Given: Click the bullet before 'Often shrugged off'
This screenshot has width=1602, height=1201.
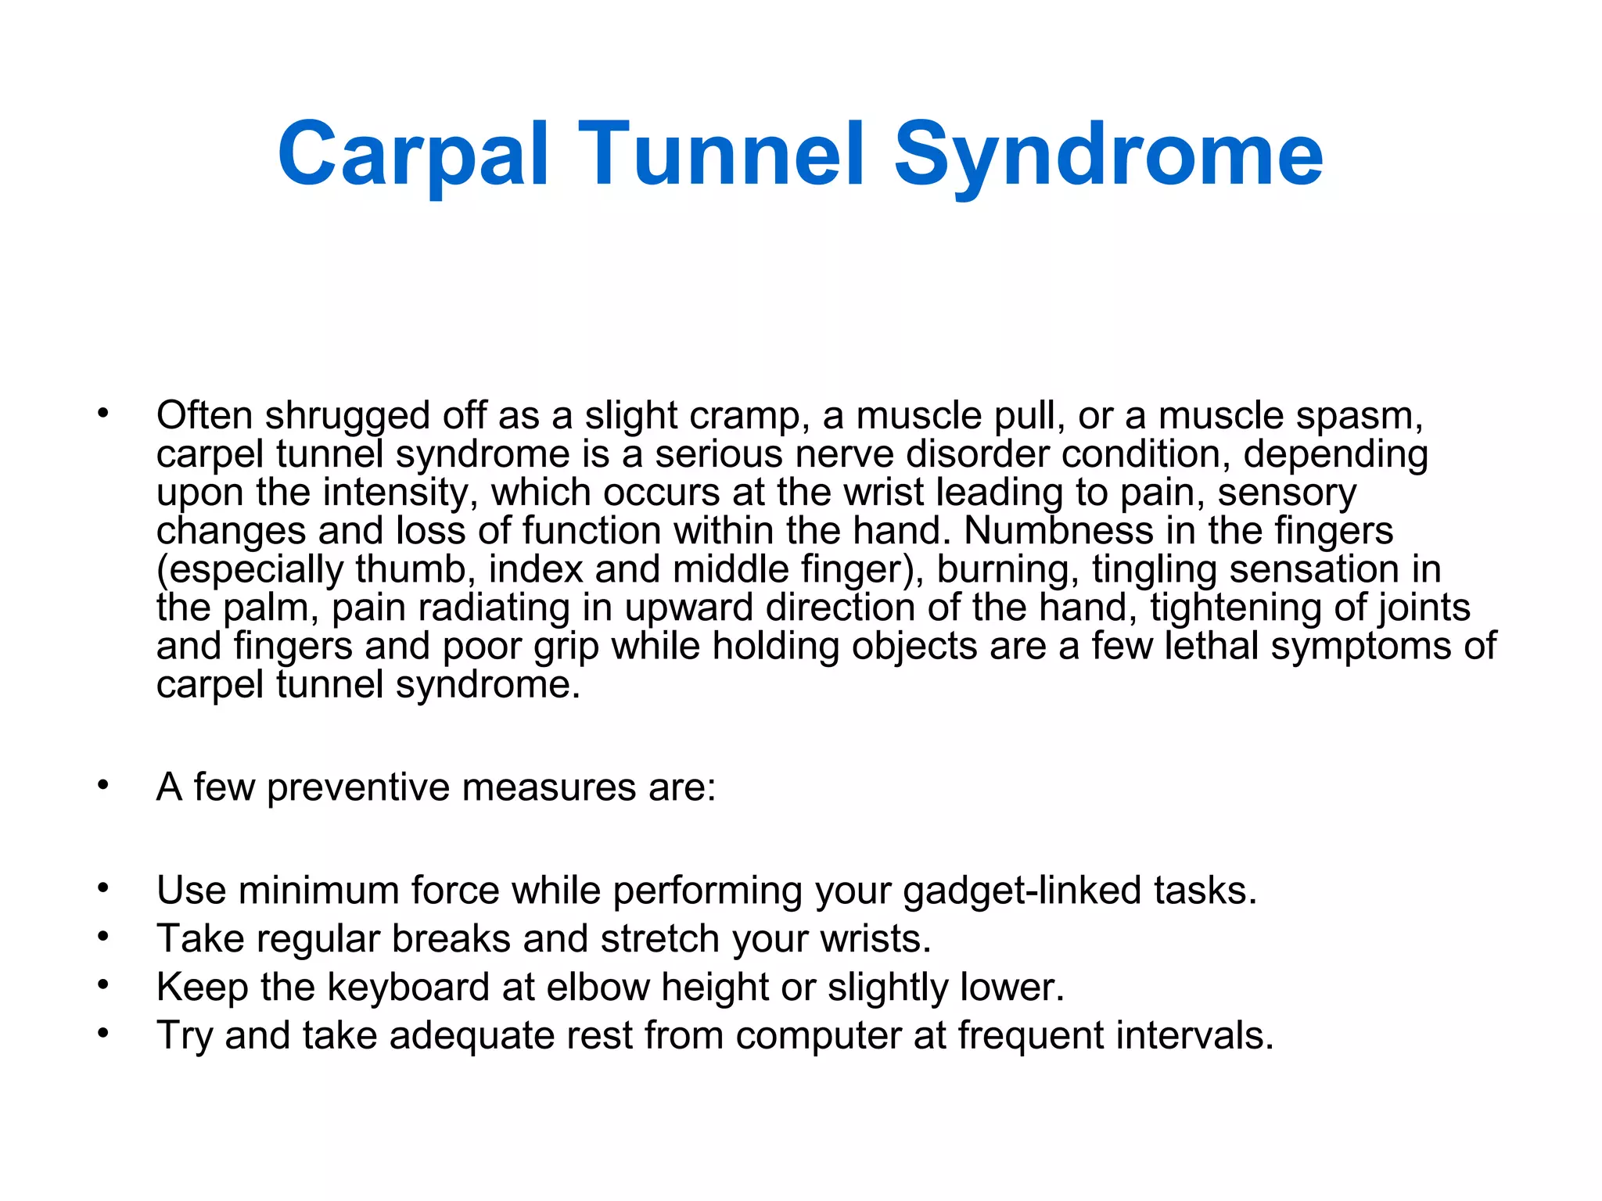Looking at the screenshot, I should [x=103, y=414].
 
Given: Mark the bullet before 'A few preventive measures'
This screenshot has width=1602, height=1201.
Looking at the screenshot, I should [x=103, y=785].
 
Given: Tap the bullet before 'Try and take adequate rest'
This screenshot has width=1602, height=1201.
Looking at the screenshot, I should [x=103, y=1033].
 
